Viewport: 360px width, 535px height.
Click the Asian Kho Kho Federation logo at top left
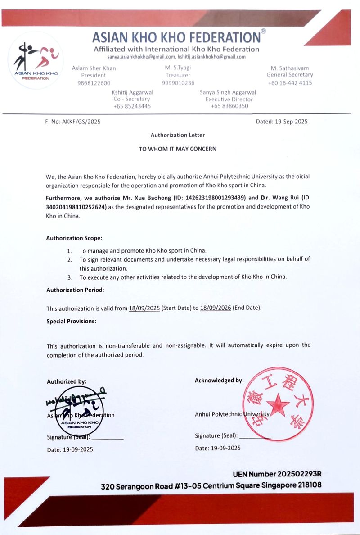click(x=36, y=60)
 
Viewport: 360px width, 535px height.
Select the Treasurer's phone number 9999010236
click(x=178, y=83)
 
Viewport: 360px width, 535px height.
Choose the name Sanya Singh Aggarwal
click(x=229, y=92)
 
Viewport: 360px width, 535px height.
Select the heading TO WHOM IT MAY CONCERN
click(x=178, y=149)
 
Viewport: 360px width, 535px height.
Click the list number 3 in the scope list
click(x=70, y=277)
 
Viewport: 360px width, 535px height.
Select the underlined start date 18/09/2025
click(x=144, y=308)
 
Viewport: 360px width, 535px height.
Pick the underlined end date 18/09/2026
click(x=215, y=308)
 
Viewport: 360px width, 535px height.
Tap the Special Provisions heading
click(x=71, y=321)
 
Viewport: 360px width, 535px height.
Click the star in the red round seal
click(x=278, y=404)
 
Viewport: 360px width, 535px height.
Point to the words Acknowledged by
click(x=219, y=381)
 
